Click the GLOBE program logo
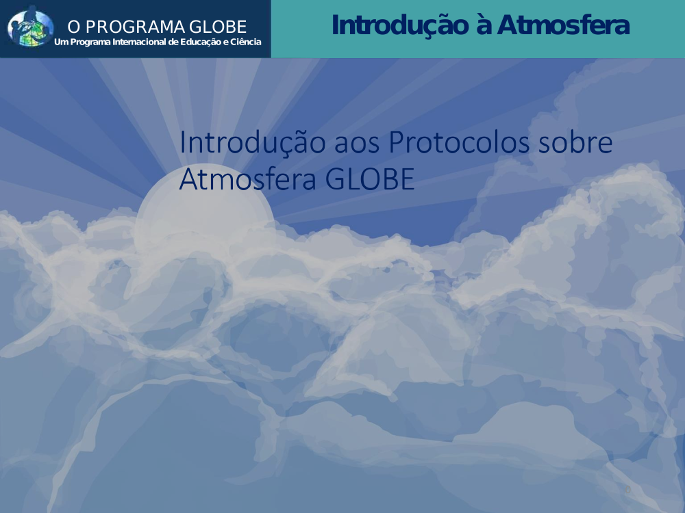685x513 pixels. point(31,27)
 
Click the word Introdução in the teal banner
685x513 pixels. point(400,25)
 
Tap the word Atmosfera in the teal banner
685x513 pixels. point(564,25)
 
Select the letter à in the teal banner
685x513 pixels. point(483,25)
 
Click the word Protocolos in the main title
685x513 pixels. point(459,142)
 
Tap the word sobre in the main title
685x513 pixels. point(575,142)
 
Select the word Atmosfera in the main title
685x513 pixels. point(248,179)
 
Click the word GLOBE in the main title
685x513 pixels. point(370,179)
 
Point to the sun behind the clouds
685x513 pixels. point(204,209)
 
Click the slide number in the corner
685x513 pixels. point(627,490)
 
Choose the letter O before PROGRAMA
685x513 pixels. point(74,27)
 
